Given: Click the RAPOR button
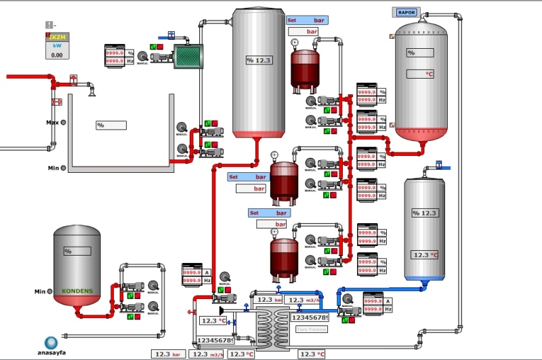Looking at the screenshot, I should pos(406,12).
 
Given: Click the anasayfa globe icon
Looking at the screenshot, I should pos(51,343).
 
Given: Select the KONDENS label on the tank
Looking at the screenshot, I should pos(77,291).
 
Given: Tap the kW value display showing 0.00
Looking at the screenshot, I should pos(57,56).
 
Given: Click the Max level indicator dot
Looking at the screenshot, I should pos(63,123).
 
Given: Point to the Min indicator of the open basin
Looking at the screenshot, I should pos(63,167).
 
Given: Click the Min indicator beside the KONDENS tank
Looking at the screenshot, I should pos(48,292).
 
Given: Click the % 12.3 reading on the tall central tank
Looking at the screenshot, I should pos(259,61).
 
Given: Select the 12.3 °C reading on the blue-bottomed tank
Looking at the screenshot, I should pos(425,255).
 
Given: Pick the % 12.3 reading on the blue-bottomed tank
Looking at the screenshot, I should pos(425,213).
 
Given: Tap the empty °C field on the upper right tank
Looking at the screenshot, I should pos(420,74).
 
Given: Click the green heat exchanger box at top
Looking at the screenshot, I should pos(189,56).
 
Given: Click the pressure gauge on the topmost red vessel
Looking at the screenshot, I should pos(295,43).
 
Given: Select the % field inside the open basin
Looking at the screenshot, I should pos(111,125).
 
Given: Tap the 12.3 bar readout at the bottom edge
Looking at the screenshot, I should pos(167,354).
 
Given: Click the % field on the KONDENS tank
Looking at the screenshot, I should pos(77,251).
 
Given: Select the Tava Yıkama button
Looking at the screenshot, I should pos(312,329).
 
